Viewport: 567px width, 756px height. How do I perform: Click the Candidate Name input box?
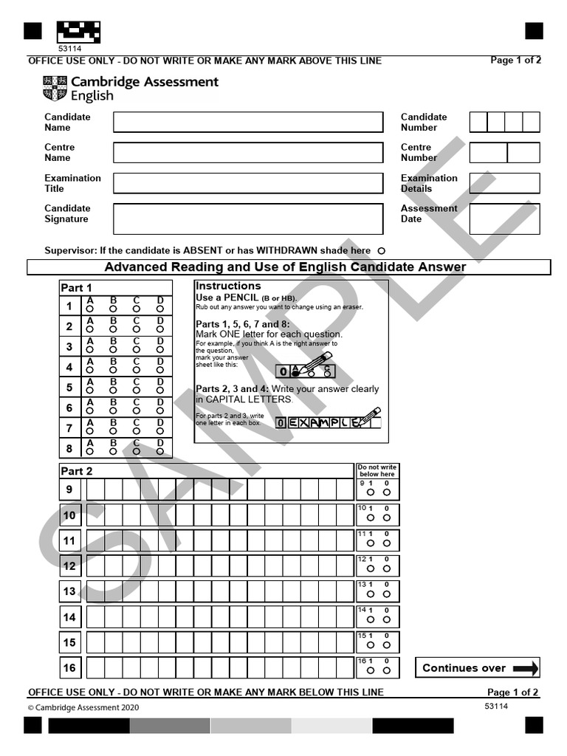(248, 122)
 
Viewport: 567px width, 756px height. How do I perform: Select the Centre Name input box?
(248, 152)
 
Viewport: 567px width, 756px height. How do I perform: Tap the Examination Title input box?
(248, 183)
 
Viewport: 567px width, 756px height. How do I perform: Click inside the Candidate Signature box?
(248, 219)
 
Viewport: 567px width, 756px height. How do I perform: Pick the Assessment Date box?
(504, 219)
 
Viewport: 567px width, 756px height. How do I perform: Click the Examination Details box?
(504, 183)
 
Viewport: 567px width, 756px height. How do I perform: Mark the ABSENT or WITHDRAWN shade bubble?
(381, 251)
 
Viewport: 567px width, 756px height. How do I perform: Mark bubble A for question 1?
(90, 309)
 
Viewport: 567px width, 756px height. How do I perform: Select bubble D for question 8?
(159, 451)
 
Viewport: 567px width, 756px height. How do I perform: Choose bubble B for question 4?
(113, 370)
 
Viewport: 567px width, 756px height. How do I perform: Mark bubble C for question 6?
(137, 410)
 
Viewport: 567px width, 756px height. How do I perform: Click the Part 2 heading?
(77, 471)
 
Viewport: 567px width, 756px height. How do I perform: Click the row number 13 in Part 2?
(69, 591)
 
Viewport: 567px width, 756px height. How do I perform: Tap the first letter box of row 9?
(95, 489)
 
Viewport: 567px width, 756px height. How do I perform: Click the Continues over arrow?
(525, 668)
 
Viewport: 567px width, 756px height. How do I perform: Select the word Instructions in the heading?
(228, 286)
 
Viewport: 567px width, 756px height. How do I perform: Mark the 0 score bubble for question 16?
(386, 670)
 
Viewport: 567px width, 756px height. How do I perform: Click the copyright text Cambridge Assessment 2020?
(83, 707)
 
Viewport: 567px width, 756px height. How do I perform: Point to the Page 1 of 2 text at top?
(515, 60)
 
